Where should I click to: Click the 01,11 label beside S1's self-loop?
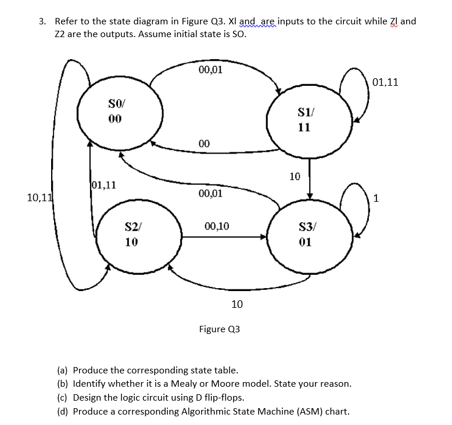(x=386, y=82)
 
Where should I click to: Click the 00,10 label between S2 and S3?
(x=217, y=226)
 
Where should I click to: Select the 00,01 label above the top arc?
(x=210, y=71)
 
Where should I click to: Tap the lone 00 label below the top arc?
(x=204, y=143)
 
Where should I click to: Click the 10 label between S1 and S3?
(x=295, y=176)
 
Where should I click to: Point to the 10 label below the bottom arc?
(x=237, y=304)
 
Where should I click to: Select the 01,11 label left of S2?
(x=105, y=186)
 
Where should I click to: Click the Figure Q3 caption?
(x=219, y=329)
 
